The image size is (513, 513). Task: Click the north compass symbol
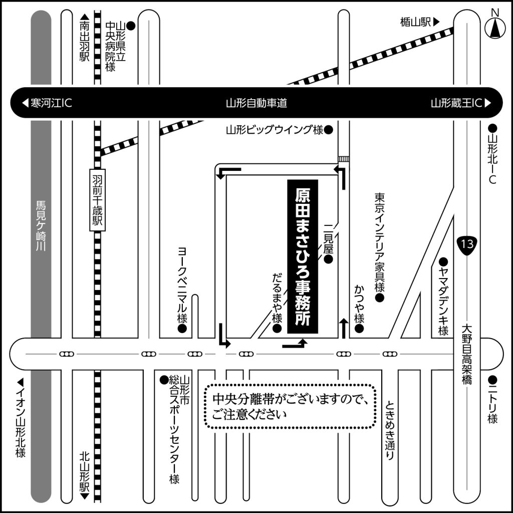(x=495, y=28)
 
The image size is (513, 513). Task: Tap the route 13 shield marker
(x=467, y=244)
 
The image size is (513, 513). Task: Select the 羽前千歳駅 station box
(x=98, y=200)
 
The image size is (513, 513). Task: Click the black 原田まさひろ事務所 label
(x=303, y=256)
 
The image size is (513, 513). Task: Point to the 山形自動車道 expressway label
(x=256, y=103)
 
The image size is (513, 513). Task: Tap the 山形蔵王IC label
(x=461, y=103)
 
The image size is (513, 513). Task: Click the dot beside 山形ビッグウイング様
(x=329, y=130)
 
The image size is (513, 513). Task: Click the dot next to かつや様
(x=359, y=329)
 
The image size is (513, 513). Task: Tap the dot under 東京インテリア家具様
(x=380, y=298)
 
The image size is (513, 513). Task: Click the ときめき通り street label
(x=390, y=430)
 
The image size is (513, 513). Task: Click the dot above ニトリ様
(x=492, y=380)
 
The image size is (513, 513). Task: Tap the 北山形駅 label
(x=84, y=475)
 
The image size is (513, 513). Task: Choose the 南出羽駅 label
(x=84, y=38)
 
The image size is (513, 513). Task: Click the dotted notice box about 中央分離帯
(x=290, y=406)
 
